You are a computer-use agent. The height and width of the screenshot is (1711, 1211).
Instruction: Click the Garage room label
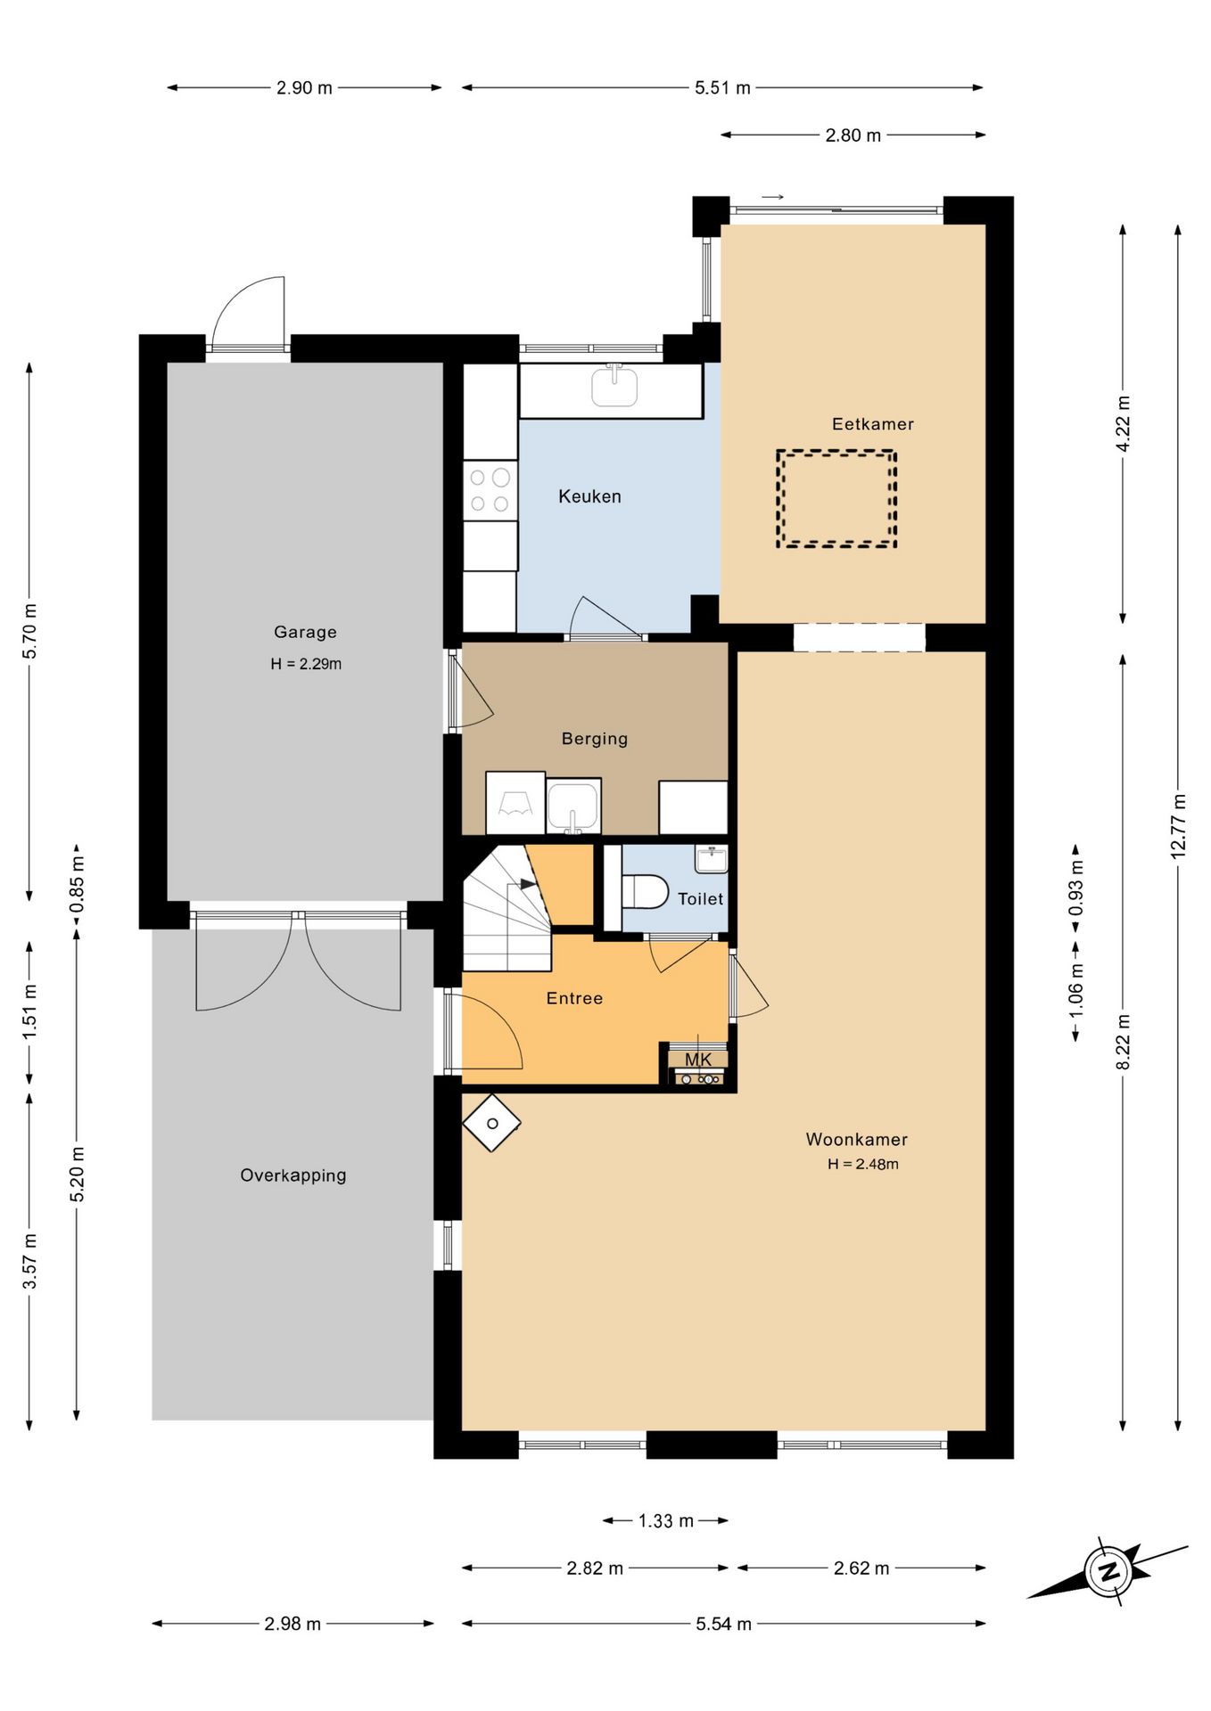coord(305,632)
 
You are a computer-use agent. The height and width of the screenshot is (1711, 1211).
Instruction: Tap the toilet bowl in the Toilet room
coord(645,891)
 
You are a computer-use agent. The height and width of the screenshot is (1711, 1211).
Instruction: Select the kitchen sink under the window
coord(614,386)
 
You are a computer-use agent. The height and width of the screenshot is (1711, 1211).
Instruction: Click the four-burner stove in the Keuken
coord(490,490)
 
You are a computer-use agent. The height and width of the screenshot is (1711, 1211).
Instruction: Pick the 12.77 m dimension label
coord(1178,825)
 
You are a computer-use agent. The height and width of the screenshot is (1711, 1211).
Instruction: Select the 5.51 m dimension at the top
coord(722,87)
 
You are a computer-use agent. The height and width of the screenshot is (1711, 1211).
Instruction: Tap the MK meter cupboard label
coord(698,1060)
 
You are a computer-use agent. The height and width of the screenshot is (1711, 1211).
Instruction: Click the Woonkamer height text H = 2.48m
coord(862,1164)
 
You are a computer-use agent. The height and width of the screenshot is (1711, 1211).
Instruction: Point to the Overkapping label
coord(293,1175)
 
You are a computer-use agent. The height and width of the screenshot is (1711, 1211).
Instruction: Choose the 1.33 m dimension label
coord(665,1520)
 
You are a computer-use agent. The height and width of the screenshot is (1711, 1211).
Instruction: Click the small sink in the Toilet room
coord(711,859)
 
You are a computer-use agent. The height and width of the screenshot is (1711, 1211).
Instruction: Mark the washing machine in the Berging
coord(515,803)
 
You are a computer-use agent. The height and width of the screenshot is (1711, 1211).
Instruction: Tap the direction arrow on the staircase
coord(528,884)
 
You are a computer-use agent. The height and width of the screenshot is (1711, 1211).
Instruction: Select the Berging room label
coord(595,738)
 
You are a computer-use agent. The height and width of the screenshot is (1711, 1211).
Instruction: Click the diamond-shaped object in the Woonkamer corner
coord(491,1123)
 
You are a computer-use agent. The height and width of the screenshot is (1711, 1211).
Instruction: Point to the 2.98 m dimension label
coord(292,1624)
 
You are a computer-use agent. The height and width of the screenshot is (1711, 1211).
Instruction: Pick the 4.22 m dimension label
coord(1123,423)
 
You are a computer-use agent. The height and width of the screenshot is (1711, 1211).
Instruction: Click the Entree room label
coord(574,998)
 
